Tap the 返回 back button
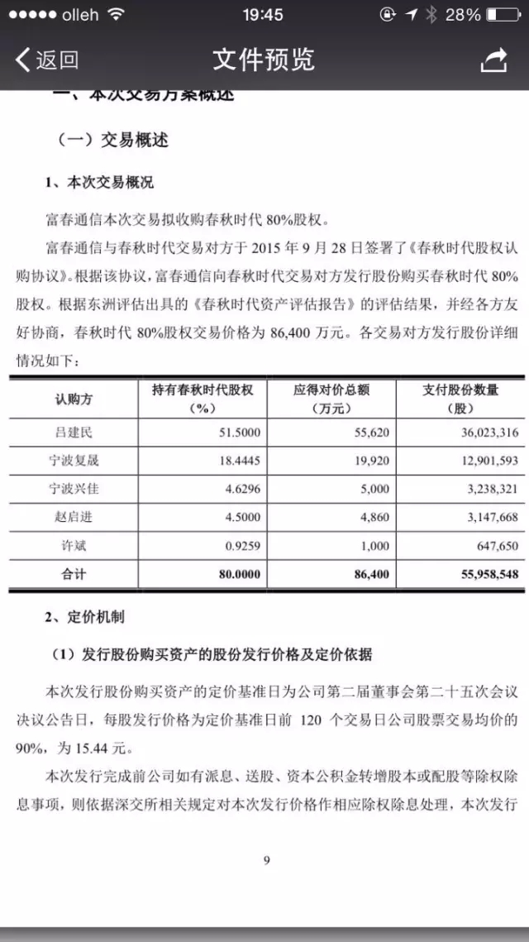click(47, 60)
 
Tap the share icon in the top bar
click(493, 60)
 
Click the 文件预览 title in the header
click(264, 60)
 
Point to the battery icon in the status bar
click(503, 15)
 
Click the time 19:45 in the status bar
click(264, 15)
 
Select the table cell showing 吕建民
click(80, 432)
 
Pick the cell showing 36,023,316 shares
click(479, 432)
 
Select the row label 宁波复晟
click(80, 461)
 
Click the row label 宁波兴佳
click(80, 489)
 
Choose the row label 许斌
click(80, 545)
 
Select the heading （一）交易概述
click(112, 140)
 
